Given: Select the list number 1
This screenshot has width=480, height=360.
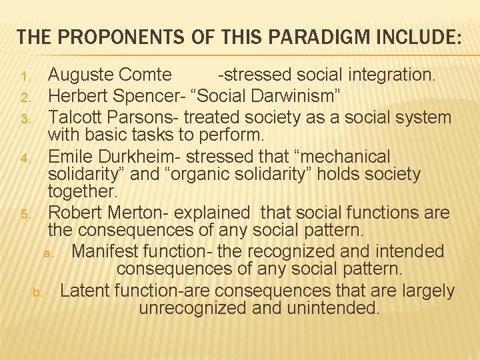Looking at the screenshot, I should (25, 76).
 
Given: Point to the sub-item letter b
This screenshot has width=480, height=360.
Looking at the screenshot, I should (38, 293).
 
